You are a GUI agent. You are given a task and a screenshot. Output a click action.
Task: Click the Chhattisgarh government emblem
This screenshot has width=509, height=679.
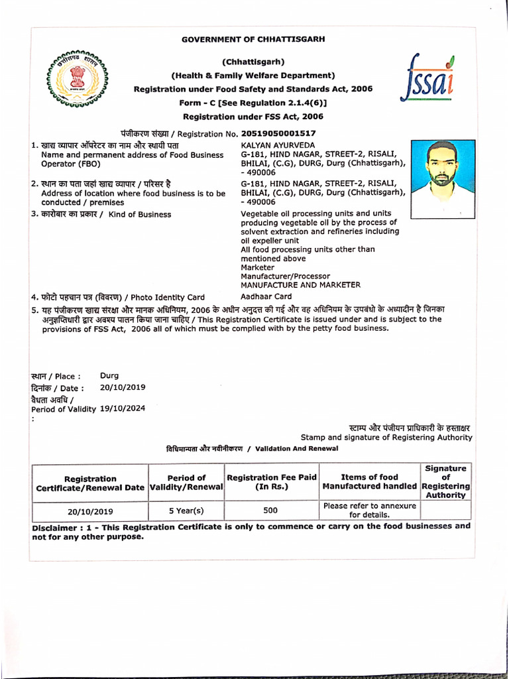[78, 78]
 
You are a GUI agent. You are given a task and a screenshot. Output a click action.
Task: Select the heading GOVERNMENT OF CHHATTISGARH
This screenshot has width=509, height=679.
[253, 40]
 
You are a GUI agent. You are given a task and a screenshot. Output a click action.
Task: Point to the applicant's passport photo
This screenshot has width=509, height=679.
[442, 179]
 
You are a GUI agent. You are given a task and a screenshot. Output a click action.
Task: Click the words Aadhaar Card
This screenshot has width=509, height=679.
[266, 296]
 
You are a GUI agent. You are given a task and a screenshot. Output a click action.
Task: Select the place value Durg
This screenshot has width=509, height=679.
[109, 375]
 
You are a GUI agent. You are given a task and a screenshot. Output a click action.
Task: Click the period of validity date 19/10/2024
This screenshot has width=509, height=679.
[123, 408]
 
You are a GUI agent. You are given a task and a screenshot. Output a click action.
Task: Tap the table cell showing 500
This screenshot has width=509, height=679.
[270, 511]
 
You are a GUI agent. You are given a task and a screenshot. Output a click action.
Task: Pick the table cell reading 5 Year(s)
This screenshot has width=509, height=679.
[186, 511]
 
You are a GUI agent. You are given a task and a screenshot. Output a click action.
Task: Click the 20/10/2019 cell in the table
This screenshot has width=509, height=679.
[90, 511]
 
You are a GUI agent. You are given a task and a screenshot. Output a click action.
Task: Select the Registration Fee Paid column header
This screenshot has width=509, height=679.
[272, 482]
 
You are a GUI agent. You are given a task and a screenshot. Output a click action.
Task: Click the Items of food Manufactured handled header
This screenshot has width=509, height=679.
[369, 482]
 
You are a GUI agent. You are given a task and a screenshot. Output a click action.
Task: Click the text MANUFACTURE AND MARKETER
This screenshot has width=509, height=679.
[300, 285]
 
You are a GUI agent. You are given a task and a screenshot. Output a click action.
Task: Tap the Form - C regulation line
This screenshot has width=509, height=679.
[253, 103]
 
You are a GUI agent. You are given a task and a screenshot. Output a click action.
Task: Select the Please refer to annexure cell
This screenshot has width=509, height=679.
[369, 510]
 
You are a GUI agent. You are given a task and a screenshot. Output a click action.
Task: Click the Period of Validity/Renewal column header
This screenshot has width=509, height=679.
[186, 482]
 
